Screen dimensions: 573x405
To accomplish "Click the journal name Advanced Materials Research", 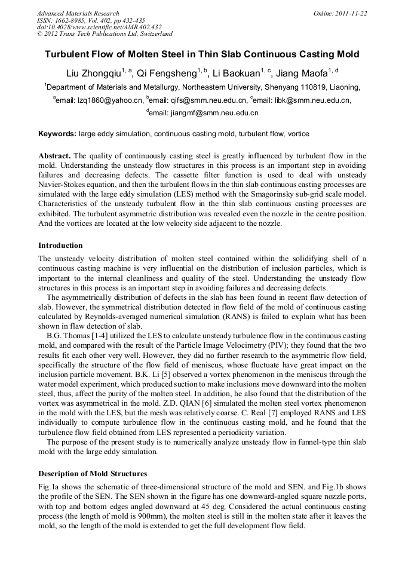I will pyautogui.click(x=78, y=13).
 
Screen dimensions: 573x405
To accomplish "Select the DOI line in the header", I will pyautogui.click(x=99, y=27).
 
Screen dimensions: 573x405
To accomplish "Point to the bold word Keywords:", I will pyautogui.click(x=57, y=134).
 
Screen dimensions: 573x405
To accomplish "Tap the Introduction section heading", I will pyautogui.click(x=60, y=246).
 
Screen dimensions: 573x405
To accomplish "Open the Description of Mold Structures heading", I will pyautogui.click(x=93, y=474).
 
